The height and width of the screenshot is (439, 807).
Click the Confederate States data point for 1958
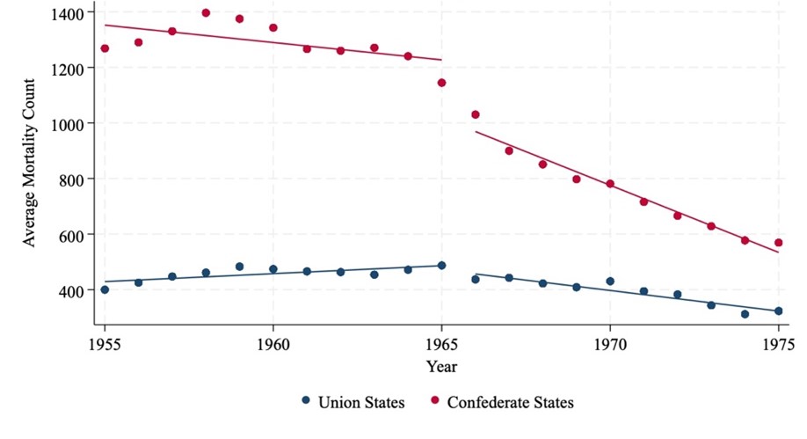tap(206, 13)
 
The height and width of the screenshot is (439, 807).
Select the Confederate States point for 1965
tap(441, 83)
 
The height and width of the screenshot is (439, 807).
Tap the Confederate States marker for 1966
tap(476, 114)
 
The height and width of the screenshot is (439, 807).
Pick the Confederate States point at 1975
tap(778, 243)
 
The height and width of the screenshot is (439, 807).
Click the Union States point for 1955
tap(105, 289)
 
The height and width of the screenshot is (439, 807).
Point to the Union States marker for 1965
tap(441, 266)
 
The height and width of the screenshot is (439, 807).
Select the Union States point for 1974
tap(745, 314)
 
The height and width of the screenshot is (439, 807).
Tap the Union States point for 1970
tap(610, 282)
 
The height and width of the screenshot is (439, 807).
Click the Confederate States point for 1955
tap(105, 48)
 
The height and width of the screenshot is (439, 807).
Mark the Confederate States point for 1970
tap(610, 184)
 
